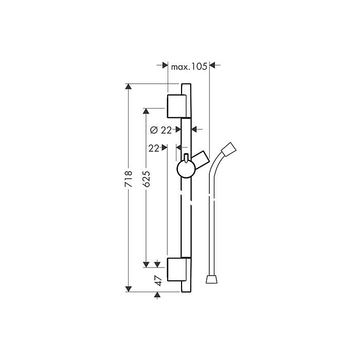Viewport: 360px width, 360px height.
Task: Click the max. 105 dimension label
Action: coord(189,66)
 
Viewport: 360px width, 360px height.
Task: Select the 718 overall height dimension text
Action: coord(129,178)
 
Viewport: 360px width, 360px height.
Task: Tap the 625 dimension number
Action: coord(146,178)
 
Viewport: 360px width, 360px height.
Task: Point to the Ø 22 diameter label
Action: coord(160,130)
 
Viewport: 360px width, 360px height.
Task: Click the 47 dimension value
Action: coord(158,281)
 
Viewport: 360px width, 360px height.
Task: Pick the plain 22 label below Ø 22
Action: coord(154,149)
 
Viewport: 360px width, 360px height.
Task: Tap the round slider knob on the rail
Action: coord(186,169)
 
